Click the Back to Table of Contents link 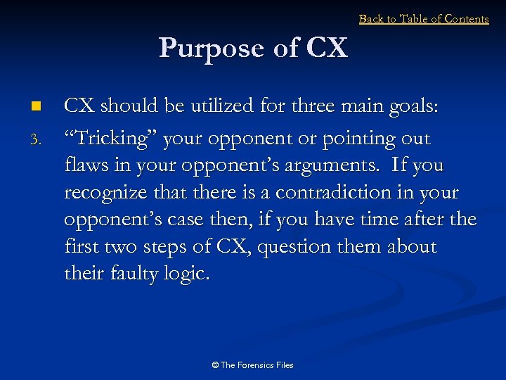(x=424, y=19)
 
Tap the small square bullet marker (x=37, y=107)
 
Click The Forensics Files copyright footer (x=252, y=365)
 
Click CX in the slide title (x=327, y=49)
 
